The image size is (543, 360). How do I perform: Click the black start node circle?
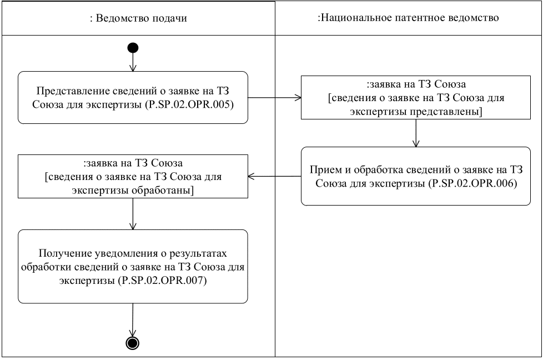(133, 48)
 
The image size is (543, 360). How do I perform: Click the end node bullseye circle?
(133, 343)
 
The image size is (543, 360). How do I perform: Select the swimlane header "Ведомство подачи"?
(138, 18)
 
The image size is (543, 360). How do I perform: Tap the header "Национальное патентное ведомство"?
(408, 18)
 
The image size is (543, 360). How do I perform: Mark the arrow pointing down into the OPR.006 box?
(416, 133)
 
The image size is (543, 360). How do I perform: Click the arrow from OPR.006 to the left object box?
(274, 176)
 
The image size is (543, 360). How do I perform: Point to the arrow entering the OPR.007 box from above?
(133, 214)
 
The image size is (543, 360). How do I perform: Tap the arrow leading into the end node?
(133, 319)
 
